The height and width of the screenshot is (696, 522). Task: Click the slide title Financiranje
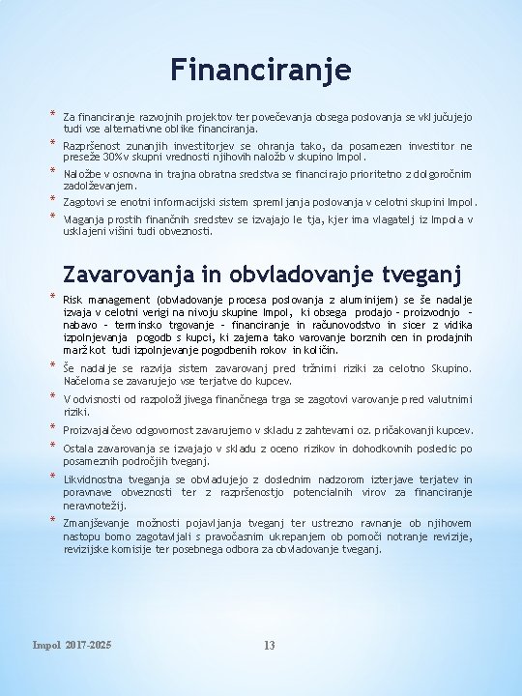coord(261,70)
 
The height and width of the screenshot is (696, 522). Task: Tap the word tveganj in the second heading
coord(417,275)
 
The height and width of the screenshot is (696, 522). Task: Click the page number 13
coord(270,645)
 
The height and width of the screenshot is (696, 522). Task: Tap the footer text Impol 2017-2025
coord(72,645)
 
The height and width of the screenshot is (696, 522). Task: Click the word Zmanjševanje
coord(99,523)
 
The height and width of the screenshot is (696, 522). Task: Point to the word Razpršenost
coord(93,146)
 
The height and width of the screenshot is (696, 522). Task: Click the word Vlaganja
coord(83,219)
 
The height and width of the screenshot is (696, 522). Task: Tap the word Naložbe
coord(82,174)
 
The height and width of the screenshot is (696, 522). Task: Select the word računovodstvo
coord(352,325)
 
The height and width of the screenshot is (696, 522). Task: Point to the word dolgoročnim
coord(435,174)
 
